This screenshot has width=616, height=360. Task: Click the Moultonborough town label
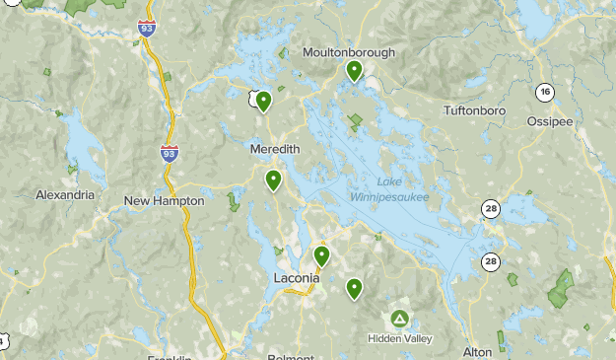[x=349, y=51]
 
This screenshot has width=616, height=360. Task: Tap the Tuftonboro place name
[x=474, y=110]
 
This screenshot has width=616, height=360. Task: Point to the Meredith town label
[x=275, y=148]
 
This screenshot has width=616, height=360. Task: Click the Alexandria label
[x=65, y=195]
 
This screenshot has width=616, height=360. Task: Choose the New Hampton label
[x=165, y=200]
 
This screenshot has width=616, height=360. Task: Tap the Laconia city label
[x=296, y=278]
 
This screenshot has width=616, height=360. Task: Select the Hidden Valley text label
[x=399, y=337]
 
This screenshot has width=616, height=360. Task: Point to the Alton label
[x=477, y=351]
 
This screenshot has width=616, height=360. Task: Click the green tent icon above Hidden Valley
[x=399, y=319]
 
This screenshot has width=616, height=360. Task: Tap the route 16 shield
[x=544, y=92]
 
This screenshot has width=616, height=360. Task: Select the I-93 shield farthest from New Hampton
[x=146, y=28]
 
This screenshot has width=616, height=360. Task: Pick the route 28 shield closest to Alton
[x=491, y=261]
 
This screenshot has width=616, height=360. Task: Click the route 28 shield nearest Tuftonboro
[x=491, y=208]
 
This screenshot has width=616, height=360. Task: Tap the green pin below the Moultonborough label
[x=354, y=70]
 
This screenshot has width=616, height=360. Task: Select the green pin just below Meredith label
[x=273, y=180]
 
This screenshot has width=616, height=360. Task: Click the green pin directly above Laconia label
[x=321, y=255]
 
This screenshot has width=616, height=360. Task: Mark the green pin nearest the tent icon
[x=354, y=288]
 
